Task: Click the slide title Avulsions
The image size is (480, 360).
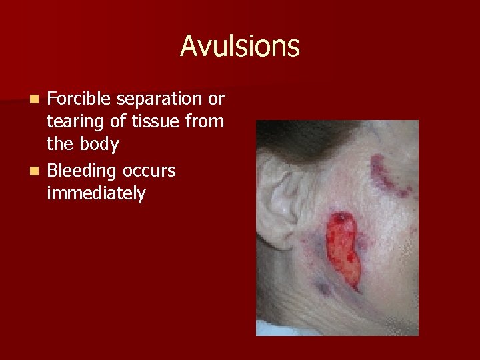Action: pos(239,47)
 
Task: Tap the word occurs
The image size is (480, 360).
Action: pos(149,171)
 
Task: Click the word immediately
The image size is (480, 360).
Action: pos(96,194)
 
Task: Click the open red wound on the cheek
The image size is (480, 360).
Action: pos(343,247)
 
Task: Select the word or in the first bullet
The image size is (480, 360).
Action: pos(216,99)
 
